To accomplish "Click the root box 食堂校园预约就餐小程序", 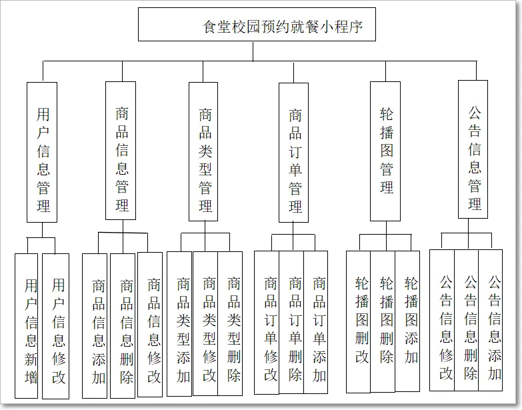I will [257, 25].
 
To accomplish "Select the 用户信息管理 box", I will [43, 152].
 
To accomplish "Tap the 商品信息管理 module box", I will [121, 151].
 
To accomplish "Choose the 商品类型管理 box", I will [203, 151].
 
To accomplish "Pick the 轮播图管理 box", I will [385, 151].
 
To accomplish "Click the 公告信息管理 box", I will [473, 149].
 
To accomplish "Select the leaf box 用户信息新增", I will [27, 326].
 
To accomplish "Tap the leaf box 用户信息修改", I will [55, 326].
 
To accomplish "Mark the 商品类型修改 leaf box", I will [205, 323].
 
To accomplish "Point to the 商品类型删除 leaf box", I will [231, 323].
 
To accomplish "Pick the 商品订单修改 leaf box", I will [267, 323].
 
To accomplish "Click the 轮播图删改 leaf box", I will [359, 321].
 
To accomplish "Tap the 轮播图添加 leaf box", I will [407, 321].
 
